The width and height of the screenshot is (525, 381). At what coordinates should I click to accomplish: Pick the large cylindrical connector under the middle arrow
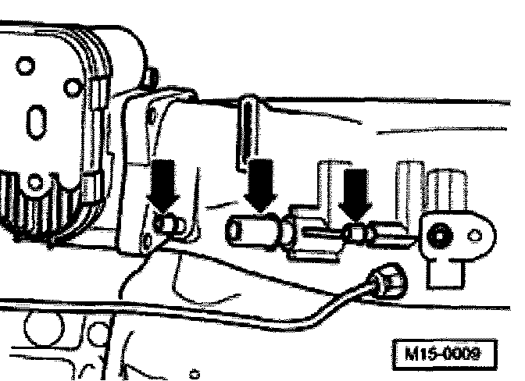[252, 230]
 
